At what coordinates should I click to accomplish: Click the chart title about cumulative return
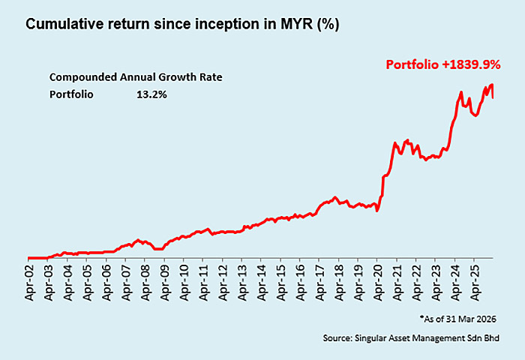(x=182, y=25)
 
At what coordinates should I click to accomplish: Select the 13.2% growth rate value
(x=151, y=94)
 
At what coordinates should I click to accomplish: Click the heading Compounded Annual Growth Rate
(x=136, y=77)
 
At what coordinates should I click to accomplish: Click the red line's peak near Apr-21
(x=406, y=139)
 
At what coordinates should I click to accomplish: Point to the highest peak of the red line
(x=492, y=85)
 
